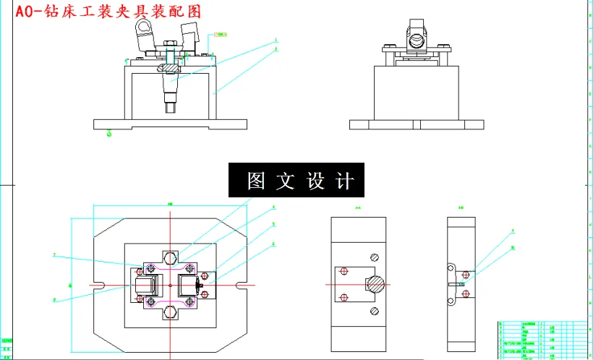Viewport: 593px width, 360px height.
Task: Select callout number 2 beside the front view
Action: [x=276, y=49]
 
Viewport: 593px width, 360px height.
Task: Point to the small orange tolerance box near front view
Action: [x=221, y=34]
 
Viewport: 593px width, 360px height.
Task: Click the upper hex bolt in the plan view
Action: [x=170, y=258]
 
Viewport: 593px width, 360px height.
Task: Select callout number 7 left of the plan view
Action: [x=54, y=254]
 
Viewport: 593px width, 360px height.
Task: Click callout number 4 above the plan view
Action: [x=273, y=207]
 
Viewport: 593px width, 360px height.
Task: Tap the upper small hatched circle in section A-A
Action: [x=374, y=257]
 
